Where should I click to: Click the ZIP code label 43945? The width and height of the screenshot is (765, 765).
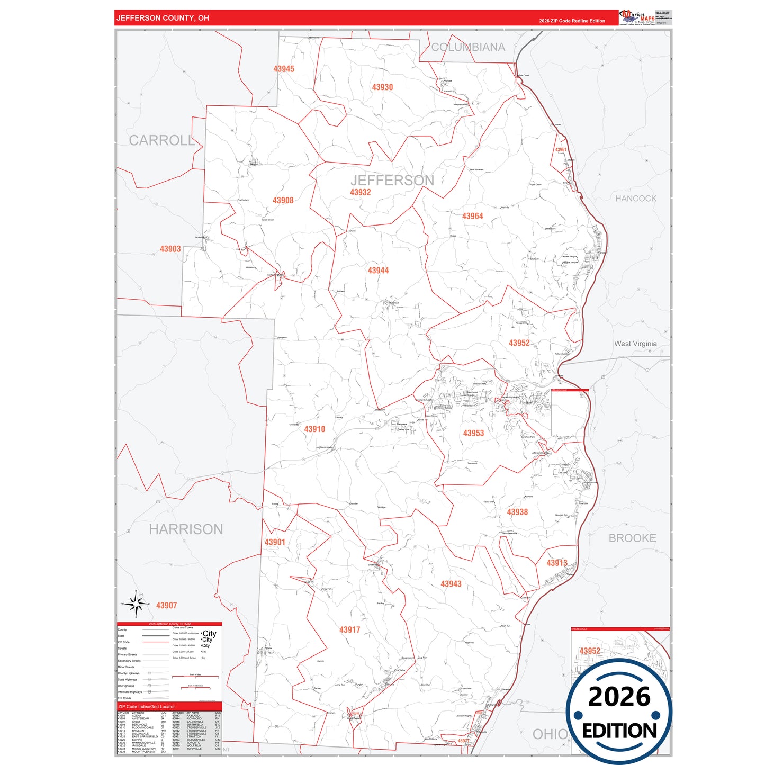click(284, 69)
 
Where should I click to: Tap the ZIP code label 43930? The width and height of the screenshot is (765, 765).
click(382, 87)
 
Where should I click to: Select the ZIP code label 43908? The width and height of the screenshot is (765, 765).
click(283, 200)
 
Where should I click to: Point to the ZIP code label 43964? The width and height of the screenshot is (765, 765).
click(472, 216)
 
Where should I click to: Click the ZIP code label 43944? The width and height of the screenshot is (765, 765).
click(378, 271)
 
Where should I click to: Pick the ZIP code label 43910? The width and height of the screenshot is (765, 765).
click(314, 429)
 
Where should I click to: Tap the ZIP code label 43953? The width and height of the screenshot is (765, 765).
click(473, 433)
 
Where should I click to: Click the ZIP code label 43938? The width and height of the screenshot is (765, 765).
click(517, 512)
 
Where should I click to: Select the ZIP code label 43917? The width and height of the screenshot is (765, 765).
click(349, 629)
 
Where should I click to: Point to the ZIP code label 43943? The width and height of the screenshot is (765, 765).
click(451, 584)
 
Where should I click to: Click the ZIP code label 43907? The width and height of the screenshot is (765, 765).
click(166, 605)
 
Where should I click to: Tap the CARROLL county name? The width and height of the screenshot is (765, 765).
click(162, 140)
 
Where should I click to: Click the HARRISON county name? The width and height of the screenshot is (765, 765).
click(186, 529)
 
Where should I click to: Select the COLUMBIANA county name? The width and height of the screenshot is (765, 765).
click(468, 47)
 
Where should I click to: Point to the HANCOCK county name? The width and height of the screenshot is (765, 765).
click(635, 199)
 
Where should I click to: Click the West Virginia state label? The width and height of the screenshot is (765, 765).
click(635, 344)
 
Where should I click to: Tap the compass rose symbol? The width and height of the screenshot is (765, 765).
click(136, 604)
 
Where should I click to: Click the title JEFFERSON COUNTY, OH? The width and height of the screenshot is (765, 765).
click(163, 18)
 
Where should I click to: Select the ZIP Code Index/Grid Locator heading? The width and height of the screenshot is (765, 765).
click(146, 707)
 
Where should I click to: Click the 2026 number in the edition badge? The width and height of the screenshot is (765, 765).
click(619, 697)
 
